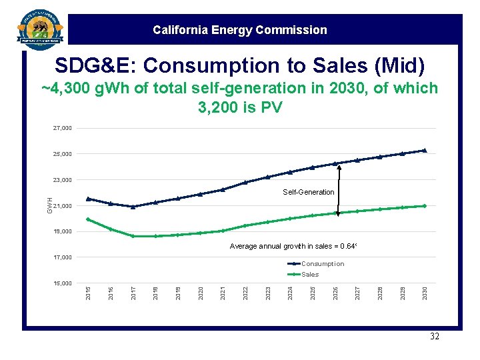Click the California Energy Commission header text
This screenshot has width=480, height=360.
pos(239,30)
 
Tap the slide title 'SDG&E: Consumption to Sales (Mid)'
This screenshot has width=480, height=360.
pos(239,65)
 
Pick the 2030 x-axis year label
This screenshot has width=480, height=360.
pos(425,293)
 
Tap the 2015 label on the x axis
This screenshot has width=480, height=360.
pos(89,293)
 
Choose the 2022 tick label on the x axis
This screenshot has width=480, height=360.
pos(245,293)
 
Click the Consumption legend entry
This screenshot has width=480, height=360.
pos(323,264)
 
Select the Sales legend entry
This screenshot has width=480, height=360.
pos(310,275)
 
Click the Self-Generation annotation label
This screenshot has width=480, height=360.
pos(308,192)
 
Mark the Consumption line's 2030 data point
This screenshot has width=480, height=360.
pos(424,150)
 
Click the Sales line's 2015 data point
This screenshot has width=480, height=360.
pos(88,219)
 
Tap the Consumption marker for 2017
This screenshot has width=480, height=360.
pos(133,207)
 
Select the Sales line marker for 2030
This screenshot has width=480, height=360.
pos(424,206)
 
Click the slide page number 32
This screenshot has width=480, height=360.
pos(434,337)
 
